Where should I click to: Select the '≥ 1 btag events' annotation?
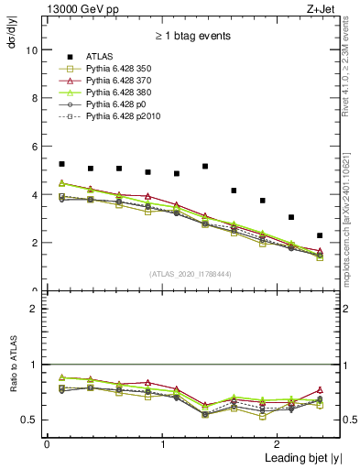click(x=193, y=37)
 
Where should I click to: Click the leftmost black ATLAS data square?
click(x=61, y=164)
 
